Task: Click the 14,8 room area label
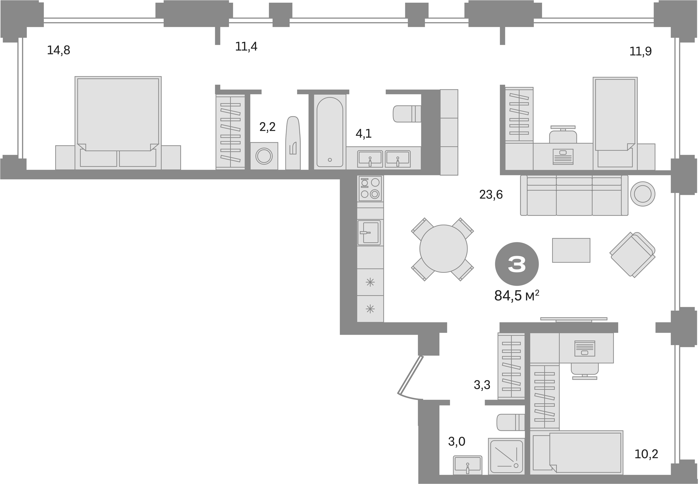[58, 50]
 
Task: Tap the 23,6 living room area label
[491, 194]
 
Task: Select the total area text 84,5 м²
[516, 295]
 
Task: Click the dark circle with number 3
[517, 264]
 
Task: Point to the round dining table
[443, 248]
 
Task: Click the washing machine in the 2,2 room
[264, 156]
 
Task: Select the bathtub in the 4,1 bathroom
[329, 132]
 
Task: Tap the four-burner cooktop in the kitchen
[370, 188]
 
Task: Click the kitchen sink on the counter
[369, 232]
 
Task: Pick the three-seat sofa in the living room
[574, 195]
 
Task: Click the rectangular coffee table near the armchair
[571, 250]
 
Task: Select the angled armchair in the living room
[632, 254]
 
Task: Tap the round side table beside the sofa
[642, 194]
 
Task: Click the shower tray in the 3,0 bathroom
[506, 456]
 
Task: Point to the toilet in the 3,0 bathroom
[510, 423]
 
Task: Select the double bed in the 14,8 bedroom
[118, 123]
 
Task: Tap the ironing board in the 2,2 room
[293, 143]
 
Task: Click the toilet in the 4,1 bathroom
[407, 114]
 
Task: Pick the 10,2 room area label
[646, 454]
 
